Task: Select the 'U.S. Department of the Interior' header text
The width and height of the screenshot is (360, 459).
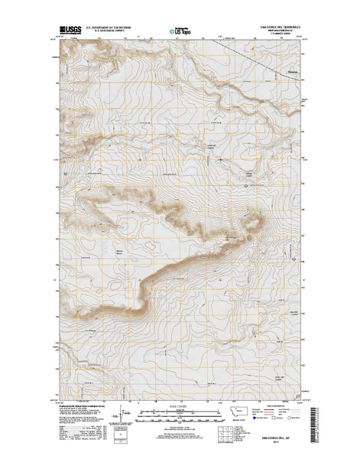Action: click(110, 26)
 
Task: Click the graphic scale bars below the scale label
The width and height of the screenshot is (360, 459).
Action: click(180, 415)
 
